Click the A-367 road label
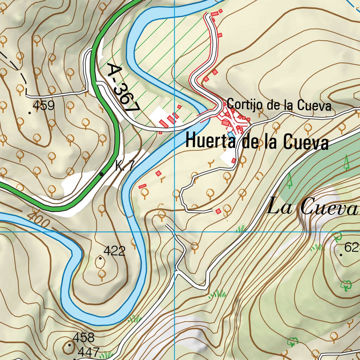pos(123,88)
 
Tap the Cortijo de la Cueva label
pos(279,105)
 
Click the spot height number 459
pos(44,105)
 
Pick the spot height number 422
pos(115,251)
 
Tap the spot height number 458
pos(84,338)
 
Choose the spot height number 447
pos(89,352)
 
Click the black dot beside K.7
pos(102,174)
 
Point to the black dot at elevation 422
pos(101,258)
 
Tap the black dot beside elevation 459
pos(30,112)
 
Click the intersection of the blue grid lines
pos(175,232)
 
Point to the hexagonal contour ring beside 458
pos(67,348)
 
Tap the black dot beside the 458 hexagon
pos(70,345)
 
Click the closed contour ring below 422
pos(101,262)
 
